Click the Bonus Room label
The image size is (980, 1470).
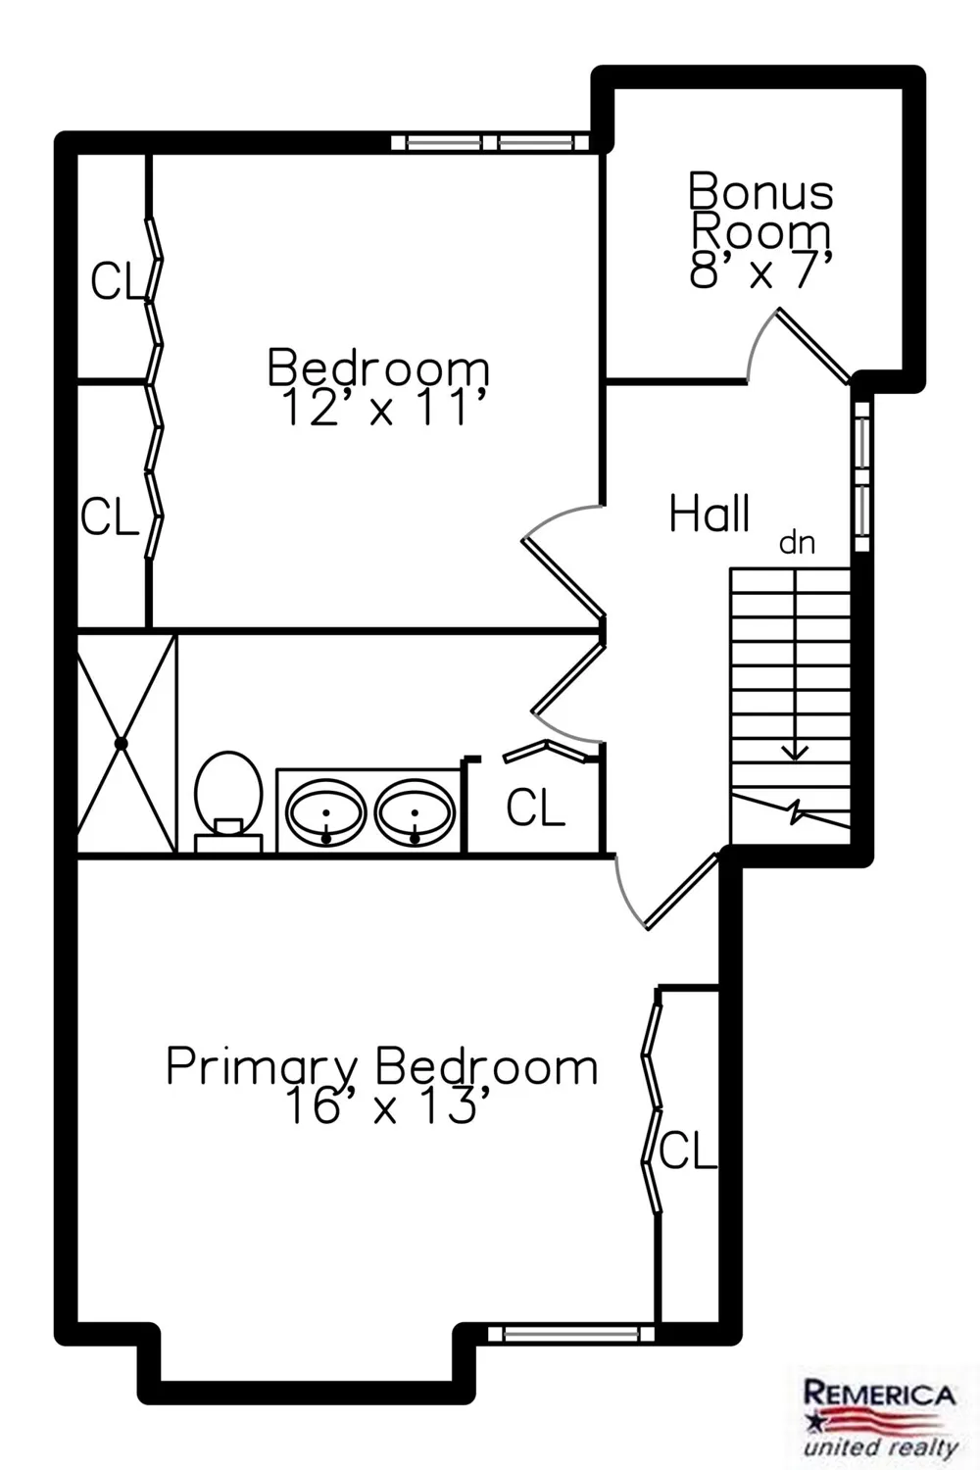tap(760, 211)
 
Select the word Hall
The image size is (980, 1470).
tap(710, 514)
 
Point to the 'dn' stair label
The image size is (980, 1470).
tap(797, 543)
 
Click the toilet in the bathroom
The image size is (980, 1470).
tap(227, 802)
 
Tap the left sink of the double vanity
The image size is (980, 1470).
tap(326, 811)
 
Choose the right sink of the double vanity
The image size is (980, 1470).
tap(415, 811)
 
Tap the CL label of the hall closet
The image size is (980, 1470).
tap(535, 808)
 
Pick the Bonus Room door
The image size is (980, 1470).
tap(812, 345)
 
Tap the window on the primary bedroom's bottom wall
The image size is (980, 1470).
tap(571, 1333)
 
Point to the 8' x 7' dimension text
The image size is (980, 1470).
tap(760, 269)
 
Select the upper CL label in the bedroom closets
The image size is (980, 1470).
tap(117, 281)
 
